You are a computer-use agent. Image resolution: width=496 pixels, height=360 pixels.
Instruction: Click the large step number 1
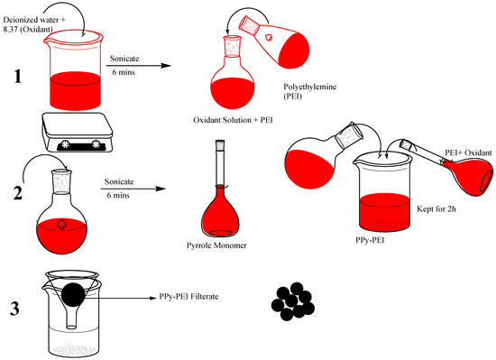(18, 77)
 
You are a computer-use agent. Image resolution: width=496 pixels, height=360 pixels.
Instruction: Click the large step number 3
(14, 309)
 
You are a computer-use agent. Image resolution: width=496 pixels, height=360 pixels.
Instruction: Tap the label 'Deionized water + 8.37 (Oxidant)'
(34, 24)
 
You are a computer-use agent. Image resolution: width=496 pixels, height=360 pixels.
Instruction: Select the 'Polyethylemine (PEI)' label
(309, 91)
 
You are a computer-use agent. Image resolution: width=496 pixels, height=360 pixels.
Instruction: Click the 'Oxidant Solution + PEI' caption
(233, 120)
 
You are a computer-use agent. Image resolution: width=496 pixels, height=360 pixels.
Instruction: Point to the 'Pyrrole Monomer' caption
(216, 245)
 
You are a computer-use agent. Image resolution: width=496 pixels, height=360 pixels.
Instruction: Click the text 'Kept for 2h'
(436, 208)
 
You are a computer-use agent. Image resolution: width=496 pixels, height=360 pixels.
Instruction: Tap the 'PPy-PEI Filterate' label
(188, 297)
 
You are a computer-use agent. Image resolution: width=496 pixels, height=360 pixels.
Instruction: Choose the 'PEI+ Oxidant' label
(468, 152)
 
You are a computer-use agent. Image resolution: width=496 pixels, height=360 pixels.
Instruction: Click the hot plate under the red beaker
(78, 133)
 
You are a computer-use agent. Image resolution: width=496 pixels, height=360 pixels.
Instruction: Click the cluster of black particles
(293, 301)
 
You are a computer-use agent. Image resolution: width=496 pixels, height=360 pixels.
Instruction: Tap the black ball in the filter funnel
(73, 295)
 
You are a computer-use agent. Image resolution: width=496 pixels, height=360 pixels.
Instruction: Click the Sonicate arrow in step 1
(138, 66)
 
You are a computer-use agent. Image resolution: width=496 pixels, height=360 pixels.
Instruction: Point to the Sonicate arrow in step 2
(133, 189)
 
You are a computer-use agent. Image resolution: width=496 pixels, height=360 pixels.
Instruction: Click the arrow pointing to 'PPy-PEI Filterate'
(121, 298)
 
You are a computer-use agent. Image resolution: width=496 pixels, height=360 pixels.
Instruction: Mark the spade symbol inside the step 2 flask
(60, 224)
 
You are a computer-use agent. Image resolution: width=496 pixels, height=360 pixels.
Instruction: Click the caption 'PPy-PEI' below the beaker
(370, 240)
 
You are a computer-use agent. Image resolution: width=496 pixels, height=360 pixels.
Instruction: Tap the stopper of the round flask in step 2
(61, 182)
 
